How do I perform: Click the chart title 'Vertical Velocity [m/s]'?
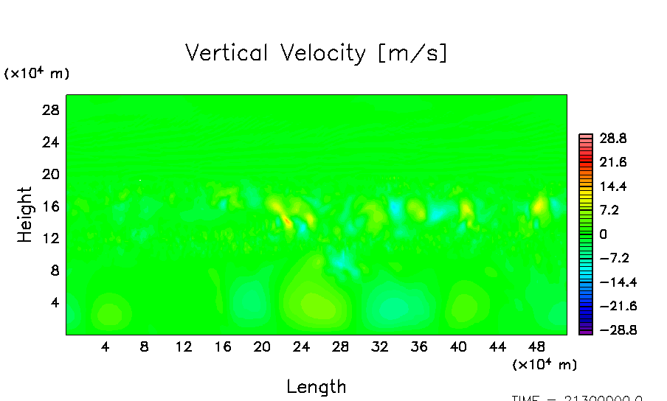[x=316, y=54]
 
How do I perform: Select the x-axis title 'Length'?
[x=316, y=386]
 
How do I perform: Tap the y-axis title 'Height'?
[x=25, y=215]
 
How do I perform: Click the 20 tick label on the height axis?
[x=49, y=174]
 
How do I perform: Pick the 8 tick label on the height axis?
[x=54, y=271]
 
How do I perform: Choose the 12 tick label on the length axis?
[x=184, y=347]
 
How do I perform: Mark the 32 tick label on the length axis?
[x=379, y=347]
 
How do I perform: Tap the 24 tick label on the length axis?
[x=301, y=347]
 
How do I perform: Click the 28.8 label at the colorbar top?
[x=612, y=138]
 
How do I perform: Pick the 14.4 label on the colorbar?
[x=612, y=186]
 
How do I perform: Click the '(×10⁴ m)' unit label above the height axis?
[x=37, y=74]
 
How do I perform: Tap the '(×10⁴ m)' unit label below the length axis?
[x=544, y=364]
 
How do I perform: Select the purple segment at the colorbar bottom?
[x=586, y=331]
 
